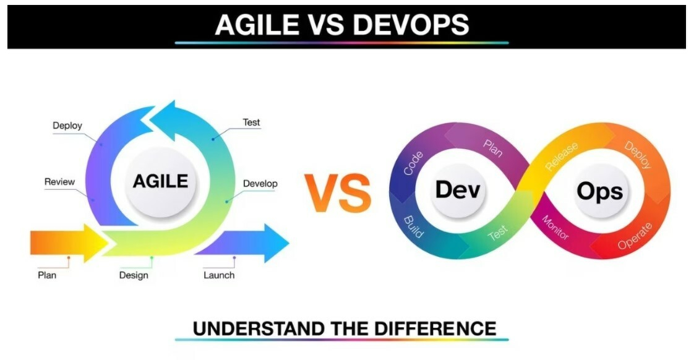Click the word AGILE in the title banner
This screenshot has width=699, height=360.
257,25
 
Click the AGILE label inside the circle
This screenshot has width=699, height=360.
160,181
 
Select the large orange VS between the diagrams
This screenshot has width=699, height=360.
338,193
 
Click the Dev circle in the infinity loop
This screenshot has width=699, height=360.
457,191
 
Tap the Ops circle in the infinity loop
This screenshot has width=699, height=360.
600,191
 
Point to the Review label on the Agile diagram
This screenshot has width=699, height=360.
59,182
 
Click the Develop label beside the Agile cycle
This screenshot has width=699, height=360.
260,184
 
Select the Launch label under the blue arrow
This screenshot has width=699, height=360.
219,275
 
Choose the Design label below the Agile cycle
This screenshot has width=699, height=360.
134,275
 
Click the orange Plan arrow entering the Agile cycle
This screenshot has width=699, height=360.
69,243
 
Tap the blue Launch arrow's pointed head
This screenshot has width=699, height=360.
277,243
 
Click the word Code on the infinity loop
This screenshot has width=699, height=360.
413,163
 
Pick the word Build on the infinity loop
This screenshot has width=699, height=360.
413,227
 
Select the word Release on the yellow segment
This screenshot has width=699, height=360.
562,156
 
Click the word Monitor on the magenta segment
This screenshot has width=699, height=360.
555,227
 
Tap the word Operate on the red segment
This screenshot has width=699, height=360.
635,236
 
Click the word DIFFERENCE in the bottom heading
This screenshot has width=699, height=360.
435,329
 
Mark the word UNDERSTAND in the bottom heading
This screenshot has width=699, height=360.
259,329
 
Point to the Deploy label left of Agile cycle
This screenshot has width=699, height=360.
67,126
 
